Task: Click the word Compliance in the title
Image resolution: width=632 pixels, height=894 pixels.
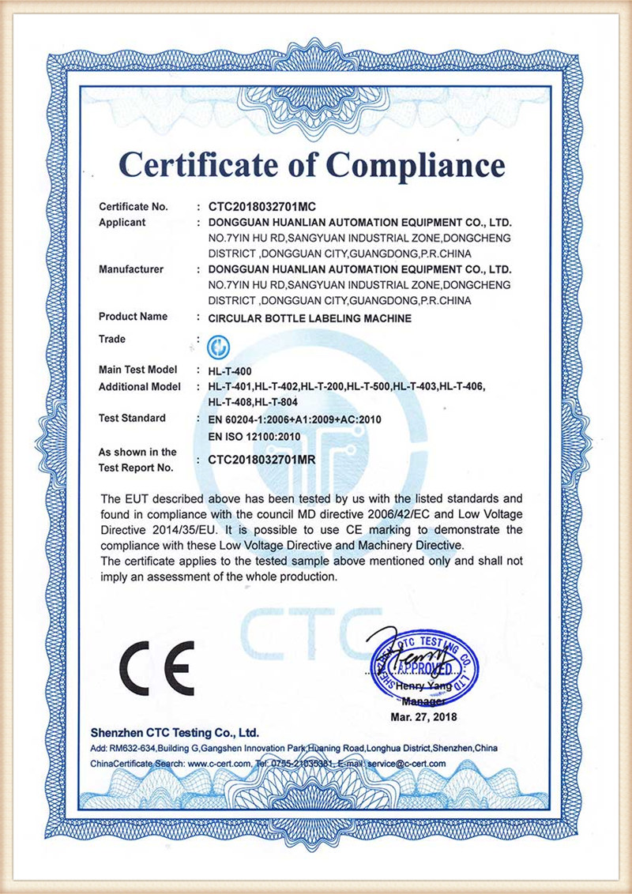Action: [416, 164]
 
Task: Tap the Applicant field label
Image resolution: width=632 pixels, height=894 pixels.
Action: [122, 223]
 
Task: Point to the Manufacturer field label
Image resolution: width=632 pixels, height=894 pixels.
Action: [131, 269]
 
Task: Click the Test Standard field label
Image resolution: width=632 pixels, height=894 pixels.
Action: [132, 419]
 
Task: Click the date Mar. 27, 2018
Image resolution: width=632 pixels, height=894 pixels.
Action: [424, 716]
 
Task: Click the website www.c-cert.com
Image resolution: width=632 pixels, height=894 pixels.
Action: [220, 764]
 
